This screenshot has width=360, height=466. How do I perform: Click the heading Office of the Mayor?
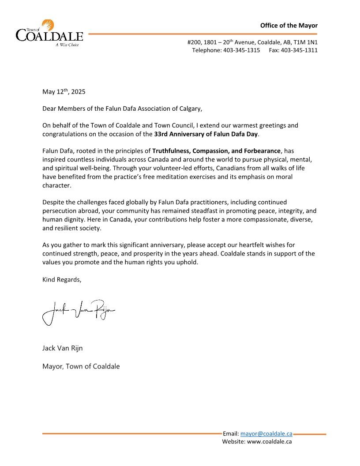289,26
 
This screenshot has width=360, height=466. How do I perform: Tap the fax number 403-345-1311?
299,50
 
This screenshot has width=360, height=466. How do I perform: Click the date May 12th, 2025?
64,92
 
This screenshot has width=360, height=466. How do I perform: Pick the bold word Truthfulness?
171,151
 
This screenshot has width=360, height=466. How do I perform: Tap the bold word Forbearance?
260,151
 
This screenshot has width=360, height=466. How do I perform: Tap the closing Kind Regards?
62,279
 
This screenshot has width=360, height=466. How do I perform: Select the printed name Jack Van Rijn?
62,348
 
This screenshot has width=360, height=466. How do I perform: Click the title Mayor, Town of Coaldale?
81,366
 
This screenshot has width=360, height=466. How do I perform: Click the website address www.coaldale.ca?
269,441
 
